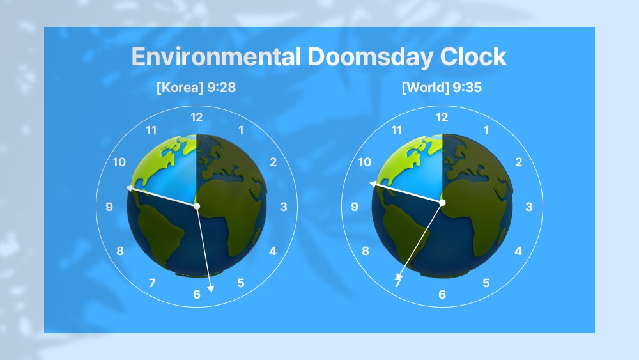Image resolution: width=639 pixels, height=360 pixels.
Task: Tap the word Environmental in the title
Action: pos(216,57)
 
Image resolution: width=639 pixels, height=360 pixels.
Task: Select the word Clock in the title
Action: pos(473,57)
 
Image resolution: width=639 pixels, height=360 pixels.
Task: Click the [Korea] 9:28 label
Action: pos(196,87)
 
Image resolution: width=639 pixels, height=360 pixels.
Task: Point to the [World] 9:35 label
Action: pos(442,87)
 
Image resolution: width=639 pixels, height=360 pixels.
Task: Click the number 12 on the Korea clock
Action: pos(196,118)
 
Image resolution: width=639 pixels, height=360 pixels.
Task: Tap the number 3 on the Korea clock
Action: pos(284,207)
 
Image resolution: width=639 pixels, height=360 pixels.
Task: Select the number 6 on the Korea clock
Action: pos(197,294)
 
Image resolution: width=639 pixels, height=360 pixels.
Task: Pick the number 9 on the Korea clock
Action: pos(109,207)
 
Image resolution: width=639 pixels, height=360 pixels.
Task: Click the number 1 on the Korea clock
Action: pos(242,130)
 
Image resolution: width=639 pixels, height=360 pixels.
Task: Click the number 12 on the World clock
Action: pos(442,118)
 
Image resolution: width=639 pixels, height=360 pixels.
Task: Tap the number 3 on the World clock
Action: pos(529,207)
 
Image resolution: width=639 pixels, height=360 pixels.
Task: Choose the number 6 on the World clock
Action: pos(442,294)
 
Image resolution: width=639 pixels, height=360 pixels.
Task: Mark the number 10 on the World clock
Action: pos(364,162)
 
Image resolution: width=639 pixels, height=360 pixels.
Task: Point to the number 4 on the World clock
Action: pos(518,251)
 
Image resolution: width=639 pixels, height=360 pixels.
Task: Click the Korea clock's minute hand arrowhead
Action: pos(211,289)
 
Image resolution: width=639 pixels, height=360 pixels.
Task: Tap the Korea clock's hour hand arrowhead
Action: pos(129,188)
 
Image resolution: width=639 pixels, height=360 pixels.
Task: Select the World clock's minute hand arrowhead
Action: pos(399,277)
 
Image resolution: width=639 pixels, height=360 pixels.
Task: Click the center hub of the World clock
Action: pos(442,202)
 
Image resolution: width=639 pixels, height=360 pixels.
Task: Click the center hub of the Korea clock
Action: pos(197,207)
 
